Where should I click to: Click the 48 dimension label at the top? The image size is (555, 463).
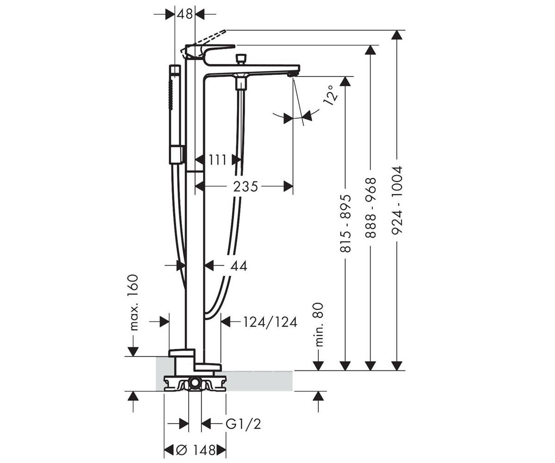tap(185, 14)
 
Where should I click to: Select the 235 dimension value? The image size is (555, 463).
tap(245, 187)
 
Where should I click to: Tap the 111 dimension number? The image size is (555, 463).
tap(217, 160)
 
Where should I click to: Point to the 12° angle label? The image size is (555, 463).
tap(330, 95)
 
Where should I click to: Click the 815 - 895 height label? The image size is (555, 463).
tap(345, 224)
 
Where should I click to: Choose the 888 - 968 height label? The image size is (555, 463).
tap(370, 208)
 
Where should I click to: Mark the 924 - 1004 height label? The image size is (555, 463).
tap(397, 200)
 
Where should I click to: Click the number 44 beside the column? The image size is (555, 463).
tap(239, 266)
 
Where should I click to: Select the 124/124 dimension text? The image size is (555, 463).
tap(270, 322)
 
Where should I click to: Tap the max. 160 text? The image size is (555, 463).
tap(133, 302)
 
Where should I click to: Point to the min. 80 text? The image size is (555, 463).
tap(319, 325)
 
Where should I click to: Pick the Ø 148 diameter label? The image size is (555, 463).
tap(196, 450)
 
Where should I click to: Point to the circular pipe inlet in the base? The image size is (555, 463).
tap(195, 383)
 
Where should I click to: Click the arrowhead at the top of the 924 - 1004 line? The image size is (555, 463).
tap(397, 35)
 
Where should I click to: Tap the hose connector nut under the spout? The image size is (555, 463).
tap(240, 83)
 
